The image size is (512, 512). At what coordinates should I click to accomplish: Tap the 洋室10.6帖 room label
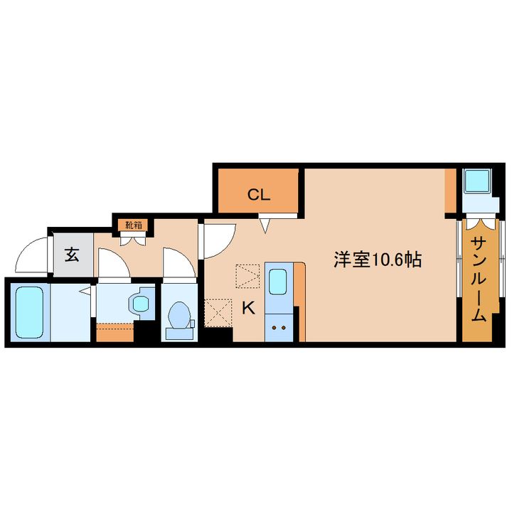(x=378, y=260)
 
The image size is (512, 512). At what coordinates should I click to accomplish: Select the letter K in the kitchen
(x=247, y=308)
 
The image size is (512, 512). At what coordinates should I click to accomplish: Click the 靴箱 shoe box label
(x=133, y=225)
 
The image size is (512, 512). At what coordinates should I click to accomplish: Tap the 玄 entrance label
(x=72, y=254)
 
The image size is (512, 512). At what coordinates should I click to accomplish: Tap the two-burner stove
(x=279, y=328)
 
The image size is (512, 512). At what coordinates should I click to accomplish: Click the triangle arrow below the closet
(x=265, y=226)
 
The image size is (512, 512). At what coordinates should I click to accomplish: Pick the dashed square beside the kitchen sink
(x=248, y=276)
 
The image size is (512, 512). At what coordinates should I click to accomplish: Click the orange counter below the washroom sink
(x=114, y=331)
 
